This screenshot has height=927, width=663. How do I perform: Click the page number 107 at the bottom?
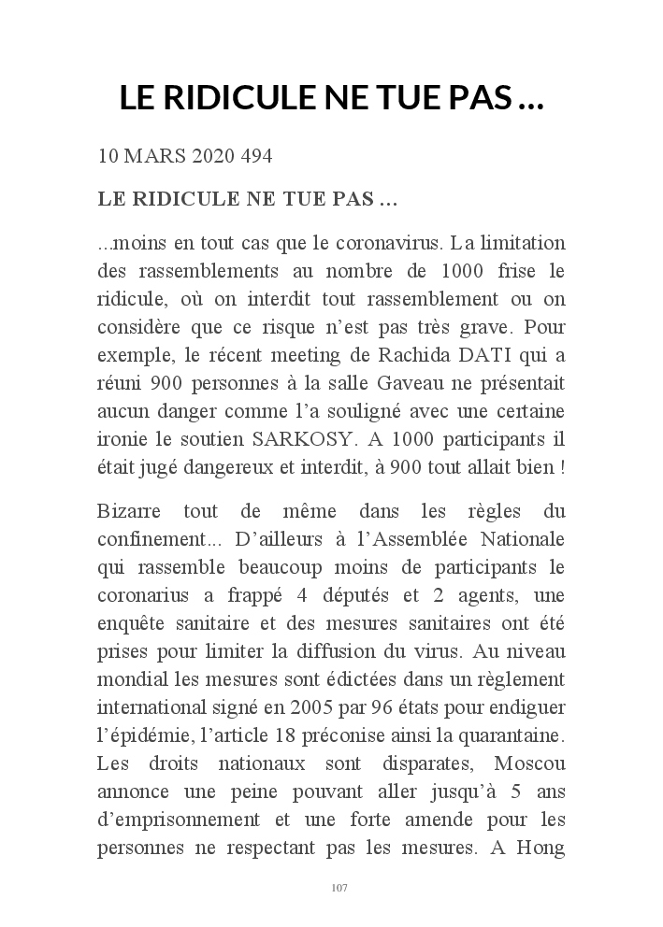339,888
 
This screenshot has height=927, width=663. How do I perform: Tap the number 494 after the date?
256,156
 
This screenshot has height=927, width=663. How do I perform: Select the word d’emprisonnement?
181,820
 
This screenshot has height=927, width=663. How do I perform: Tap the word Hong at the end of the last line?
541,849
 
